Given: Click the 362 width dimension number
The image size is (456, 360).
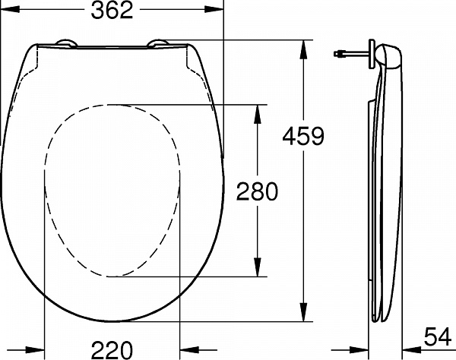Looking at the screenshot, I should tap(112, 11).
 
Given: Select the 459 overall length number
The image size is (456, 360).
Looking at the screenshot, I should tap(302, 136).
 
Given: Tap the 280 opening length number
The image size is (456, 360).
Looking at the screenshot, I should tap(258, 191).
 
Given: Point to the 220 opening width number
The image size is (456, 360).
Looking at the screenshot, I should tap(111, 349).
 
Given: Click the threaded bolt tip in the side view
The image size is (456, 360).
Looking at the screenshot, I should tap(337, 54).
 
